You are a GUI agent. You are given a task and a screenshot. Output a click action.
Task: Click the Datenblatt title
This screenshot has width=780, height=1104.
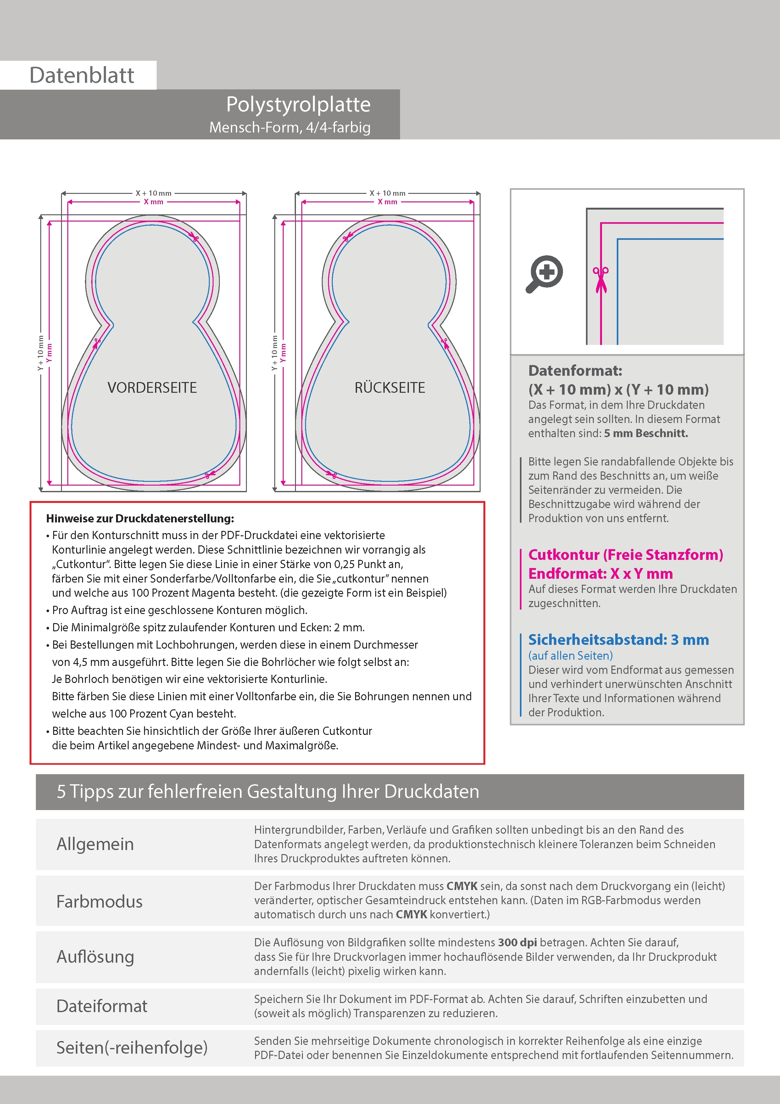[x=82, y=76]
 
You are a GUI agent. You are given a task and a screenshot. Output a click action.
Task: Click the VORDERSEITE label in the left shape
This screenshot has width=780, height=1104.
[x=152, y=387]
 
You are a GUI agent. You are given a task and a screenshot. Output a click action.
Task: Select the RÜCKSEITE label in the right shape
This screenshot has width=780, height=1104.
[x=390, y=387]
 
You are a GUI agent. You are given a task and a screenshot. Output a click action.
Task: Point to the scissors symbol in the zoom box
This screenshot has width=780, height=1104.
[x=600, y=279]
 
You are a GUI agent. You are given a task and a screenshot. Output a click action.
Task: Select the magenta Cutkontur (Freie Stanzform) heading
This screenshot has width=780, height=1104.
[x=625, y=555]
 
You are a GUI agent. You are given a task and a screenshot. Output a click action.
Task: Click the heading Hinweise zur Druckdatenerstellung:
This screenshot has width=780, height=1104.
[x=140, y=518]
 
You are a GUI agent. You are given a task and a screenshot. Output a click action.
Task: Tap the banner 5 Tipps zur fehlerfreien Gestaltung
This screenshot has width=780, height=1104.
[x=268, y=791]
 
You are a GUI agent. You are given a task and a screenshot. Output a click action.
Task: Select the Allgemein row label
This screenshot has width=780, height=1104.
[x=95, y=844]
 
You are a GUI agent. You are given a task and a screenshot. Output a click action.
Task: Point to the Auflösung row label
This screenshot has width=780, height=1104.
[x=95, y=956]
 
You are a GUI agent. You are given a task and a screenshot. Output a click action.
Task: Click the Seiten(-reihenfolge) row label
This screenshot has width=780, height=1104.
[x=132, y=1047]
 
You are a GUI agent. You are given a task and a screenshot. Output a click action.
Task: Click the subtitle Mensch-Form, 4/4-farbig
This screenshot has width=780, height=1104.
[x=290, y=127]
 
